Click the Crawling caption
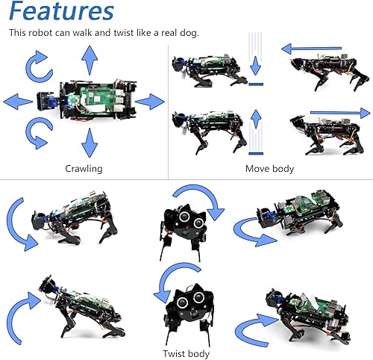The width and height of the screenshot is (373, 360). click(84, 169)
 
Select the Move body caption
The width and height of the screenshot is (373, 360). click(269, 169)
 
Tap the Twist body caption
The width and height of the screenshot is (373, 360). click(186, 353)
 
